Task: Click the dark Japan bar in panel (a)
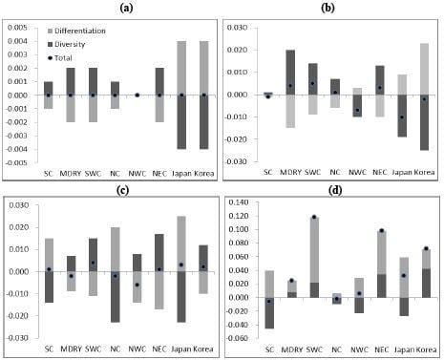pyautogui.click(x=182, y=121)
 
